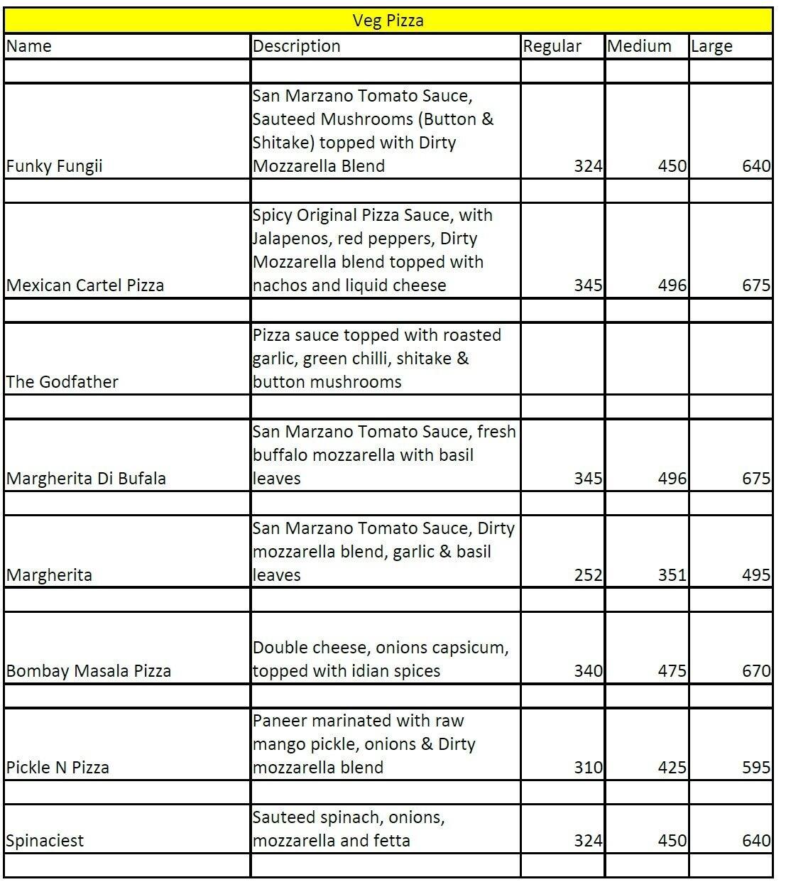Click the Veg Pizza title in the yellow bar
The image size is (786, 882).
(x=388, y=21)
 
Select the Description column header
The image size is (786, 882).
(x=297, y=46)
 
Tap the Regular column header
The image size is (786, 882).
(x=552, y=47)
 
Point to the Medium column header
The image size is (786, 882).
(x=639, y=46)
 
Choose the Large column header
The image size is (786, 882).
(x=711, y=47)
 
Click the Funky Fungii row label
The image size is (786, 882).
(x=54, y=166)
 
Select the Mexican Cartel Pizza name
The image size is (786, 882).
(x=84, y=285)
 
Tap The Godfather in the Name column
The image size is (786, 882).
(x=62, y=382)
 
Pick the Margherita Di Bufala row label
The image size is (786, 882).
(x=86, y=479)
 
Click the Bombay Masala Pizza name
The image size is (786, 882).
(x=88, y=671)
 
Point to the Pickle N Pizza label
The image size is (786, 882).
(x=58, y=768)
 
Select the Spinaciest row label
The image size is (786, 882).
(x=45, y=841)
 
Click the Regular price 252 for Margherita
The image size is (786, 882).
(x=588, y=575)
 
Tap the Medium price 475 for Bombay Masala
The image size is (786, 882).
(x=672, y=671)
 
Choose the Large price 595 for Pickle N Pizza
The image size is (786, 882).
(x=755, y=768)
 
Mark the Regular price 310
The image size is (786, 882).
(x=588, y=768)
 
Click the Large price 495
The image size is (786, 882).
(x=755, y=575)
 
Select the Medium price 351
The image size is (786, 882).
(x=672, y=575)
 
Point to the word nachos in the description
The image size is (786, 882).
(x=278, y=285)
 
